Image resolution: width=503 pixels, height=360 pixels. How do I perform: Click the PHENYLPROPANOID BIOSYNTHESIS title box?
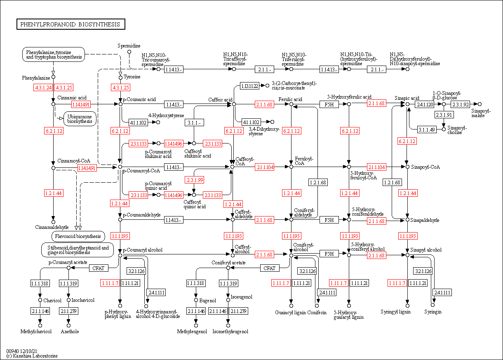tap(71, 24)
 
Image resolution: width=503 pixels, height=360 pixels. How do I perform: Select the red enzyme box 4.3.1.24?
tap(43, 87)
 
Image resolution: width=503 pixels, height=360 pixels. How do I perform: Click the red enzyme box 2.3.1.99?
tap(194, 180)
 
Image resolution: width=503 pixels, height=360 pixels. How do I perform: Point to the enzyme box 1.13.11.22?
tap(249, 86)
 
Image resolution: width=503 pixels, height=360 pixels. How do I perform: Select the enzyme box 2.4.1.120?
tap(425, 105)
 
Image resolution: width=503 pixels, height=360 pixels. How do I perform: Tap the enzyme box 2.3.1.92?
tap(460, 104)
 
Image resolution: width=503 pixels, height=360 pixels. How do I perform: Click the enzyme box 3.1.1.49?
tap(427, 129)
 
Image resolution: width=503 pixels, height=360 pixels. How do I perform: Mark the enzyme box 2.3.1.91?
tap(444, 115)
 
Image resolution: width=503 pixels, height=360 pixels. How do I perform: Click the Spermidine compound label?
tap(129, 46)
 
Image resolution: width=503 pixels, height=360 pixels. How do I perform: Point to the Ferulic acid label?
tap(290, 99)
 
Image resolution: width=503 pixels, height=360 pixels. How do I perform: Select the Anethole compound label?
tap(70, 332)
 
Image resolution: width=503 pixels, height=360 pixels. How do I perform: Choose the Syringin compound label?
tap(432, 312)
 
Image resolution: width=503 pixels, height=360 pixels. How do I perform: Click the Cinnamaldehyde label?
tap(52, 227)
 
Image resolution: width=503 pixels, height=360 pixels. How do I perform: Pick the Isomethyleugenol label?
tap(230, 332)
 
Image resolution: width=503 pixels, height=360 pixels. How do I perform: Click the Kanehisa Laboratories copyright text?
tap(32, 356)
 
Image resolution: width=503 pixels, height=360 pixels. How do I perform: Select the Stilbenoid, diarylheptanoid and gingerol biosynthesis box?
tap(78, 250)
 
